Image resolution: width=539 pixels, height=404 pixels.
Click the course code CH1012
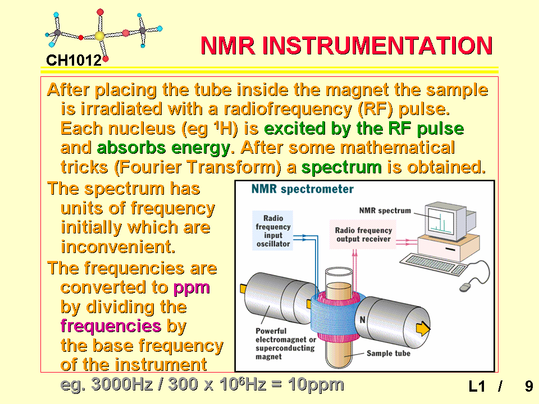[74, 61]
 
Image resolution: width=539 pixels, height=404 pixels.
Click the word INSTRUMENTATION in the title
[377, 45]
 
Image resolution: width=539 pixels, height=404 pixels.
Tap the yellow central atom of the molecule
[99, 36]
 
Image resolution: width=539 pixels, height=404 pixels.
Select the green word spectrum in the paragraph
[341, 167]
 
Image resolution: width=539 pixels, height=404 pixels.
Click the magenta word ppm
[191, 288]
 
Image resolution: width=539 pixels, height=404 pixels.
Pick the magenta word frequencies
[111, 325]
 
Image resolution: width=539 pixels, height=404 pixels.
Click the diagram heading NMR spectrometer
[303, 189]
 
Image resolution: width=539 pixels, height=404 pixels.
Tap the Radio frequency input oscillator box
[273, 231]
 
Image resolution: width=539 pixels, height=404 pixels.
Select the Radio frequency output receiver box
[363, 235]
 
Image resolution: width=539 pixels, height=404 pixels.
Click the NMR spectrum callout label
[385, 210]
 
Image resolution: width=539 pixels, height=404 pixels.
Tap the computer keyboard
[432, 264]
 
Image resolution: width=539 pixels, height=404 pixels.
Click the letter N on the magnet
[362, 320]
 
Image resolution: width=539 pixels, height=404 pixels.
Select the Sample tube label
[389, 353]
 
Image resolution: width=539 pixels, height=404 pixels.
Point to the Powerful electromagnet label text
[285, 343]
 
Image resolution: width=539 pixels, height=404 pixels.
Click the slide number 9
[529, 386]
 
